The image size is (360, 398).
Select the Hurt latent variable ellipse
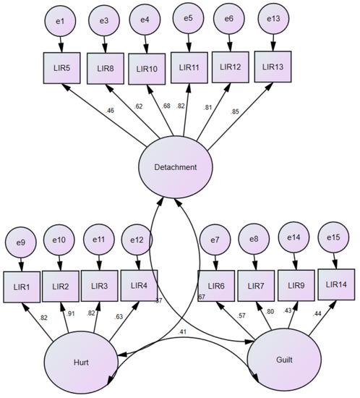pos(82,360)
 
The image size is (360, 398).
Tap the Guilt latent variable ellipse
pos(283,360)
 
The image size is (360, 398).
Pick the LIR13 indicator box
pos(273,67)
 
